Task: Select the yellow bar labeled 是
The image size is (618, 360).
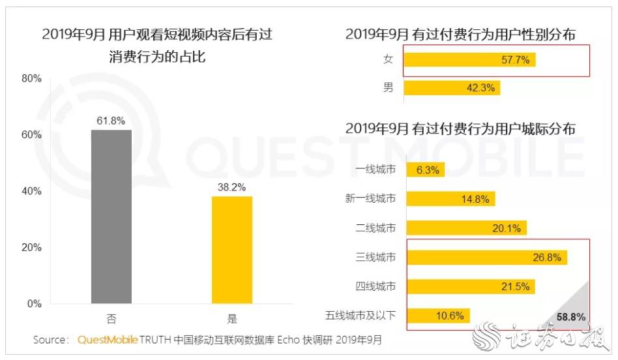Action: (x=232, y=250)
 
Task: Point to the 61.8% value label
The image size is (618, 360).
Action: (x=111, y=121)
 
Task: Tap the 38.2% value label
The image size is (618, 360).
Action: (x=232, y=187)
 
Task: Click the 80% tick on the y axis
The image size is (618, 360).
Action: (x=32, y=78)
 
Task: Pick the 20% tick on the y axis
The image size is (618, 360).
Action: (x=32, y=248)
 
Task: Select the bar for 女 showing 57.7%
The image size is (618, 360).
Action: (x=469, y=60)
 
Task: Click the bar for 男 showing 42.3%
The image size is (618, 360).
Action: (x=452, y=87)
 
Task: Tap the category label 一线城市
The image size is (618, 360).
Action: (x=375, y=171)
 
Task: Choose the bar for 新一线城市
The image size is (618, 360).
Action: (x=450, y=200)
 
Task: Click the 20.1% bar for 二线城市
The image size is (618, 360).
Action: (x=465, y=228)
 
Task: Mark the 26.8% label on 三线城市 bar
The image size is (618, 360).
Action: (x=546, y=258)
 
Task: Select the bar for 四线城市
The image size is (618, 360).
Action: (x=471, y=286)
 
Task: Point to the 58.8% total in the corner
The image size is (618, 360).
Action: (x=571, y=318)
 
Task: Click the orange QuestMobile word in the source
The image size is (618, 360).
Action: (x=108, y=340)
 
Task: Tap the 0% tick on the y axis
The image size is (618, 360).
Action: (x=35, y=304)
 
